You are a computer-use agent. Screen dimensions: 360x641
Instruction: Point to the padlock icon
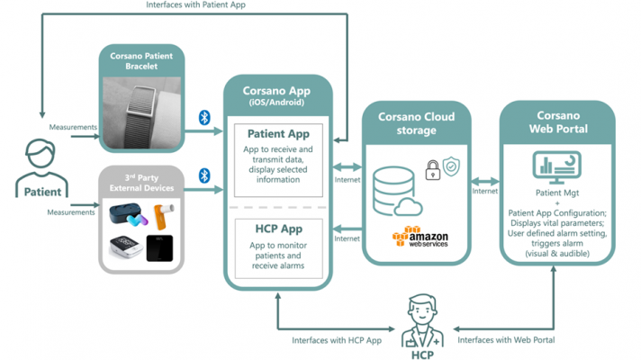pos(433,168)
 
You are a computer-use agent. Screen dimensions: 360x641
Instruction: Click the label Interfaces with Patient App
pos(196,5)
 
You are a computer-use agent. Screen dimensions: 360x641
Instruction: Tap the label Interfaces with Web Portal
pos(507,340)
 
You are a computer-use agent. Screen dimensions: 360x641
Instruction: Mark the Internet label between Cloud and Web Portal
pos(484,191)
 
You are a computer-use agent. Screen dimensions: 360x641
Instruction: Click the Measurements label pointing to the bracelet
pos(73,127)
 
